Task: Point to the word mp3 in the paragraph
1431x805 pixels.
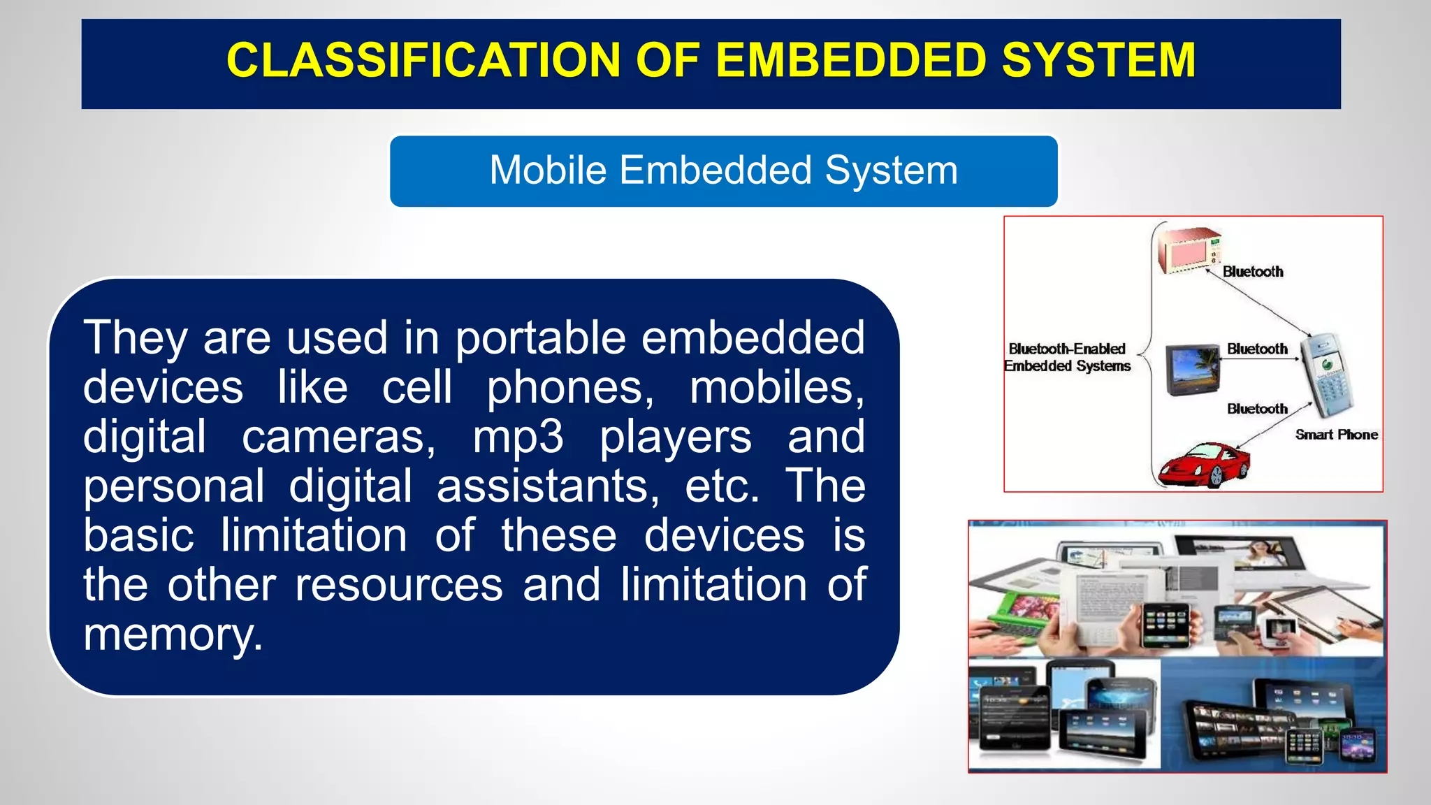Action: click(x=518, y=437)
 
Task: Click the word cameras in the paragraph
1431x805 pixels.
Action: click(x=339, y=437)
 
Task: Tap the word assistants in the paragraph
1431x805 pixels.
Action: click(x=548, y=486)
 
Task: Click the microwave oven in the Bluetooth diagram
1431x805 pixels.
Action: click(x=1189, y=250)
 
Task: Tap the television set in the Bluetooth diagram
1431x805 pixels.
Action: click(x=1192, y=370)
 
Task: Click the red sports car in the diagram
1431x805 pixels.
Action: click(x=1203, y=463)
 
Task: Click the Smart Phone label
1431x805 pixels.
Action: click(x=1336, y=435)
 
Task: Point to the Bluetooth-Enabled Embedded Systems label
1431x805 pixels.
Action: click(x=1067, y=357)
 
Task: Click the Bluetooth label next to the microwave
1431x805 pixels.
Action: click(x=1253, y=272)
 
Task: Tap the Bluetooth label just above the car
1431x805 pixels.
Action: click(x=1257, y=409)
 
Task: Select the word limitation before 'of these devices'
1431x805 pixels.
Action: click(x=314, y=536)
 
